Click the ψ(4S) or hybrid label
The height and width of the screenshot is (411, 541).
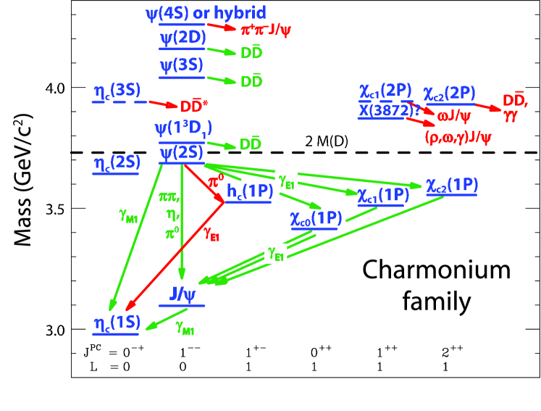click(x=204, y=12)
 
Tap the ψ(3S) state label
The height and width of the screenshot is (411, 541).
click(x=181, y=65)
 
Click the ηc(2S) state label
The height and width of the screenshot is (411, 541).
click(x=115, y=163)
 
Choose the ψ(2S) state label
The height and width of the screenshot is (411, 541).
click(x=181, y=152)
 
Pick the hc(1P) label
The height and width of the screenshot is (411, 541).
click(x=249, y=191)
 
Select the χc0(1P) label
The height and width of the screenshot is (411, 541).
click(x=316, y=218)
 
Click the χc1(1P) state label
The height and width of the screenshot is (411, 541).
click(x=382, y=195)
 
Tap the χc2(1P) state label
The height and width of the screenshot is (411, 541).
click(x=452, y=185)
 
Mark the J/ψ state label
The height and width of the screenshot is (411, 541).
click(x=182, y=294)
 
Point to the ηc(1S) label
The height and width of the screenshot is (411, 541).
click(x=115, y=323)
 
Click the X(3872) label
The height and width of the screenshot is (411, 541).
click(x=387, y=109)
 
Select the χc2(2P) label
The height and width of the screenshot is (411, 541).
click(x=449, y=93)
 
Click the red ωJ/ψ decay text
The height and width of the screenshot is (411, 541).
click(x=453, y=115)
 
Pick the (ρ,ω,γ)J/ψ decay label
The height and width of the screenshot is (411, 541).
click(x=458, y=137)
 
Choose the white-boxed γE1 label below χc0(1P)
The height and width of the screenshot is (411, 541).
click(x=276, y=253)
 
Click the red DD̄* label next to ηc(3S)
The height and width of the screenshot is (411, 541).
click(x=193, y=107)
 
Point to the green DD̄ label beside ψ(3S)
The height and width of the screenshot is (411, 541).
click(x=251, y=81)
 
